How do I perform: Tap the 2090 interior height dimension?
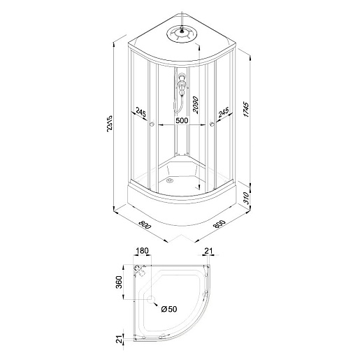[195, 105]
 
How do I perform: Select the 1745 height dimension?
[246, 109]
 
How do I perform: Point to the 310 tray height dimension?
[247, 198]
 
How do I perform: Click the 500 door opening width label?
[182, 120]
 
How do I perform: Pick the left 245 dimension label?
[141, 113]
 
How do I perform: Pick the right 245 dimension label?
[224, 113]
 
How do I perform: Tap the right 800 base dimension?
[219, 224]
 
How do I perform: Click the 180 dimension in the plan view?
[142, 251]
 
